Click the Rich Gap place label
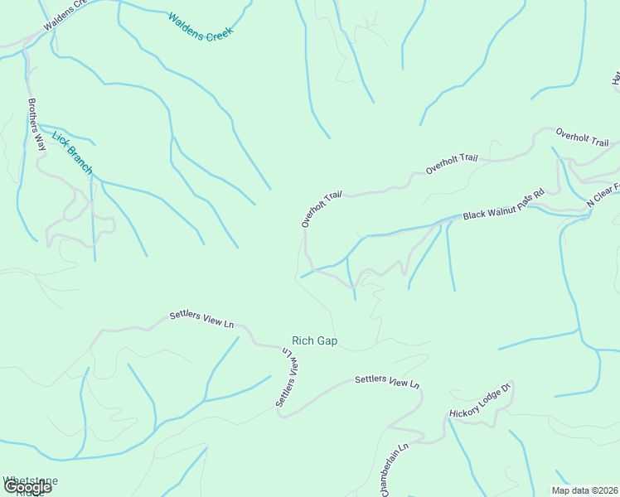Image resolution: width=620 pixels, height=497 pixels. click(314, 341)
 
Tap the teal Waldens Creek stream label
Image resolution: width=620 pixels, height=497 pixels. click(201, 27)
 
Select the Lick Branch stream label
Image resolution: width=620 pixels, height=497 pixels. click(72, 152)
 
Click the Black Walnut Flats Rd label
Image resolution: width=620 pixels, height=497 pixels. click(503, 204)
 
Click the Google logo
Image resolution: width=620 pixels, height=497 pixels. click(27, 487)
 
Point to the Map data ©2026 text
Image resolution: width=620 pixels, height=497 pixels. click(584, 490)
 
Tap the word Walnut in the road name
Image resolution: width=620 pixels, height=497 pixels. click(501, 205)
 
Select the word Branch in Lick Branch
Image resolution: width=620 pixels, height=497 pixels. click(79, 160)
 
